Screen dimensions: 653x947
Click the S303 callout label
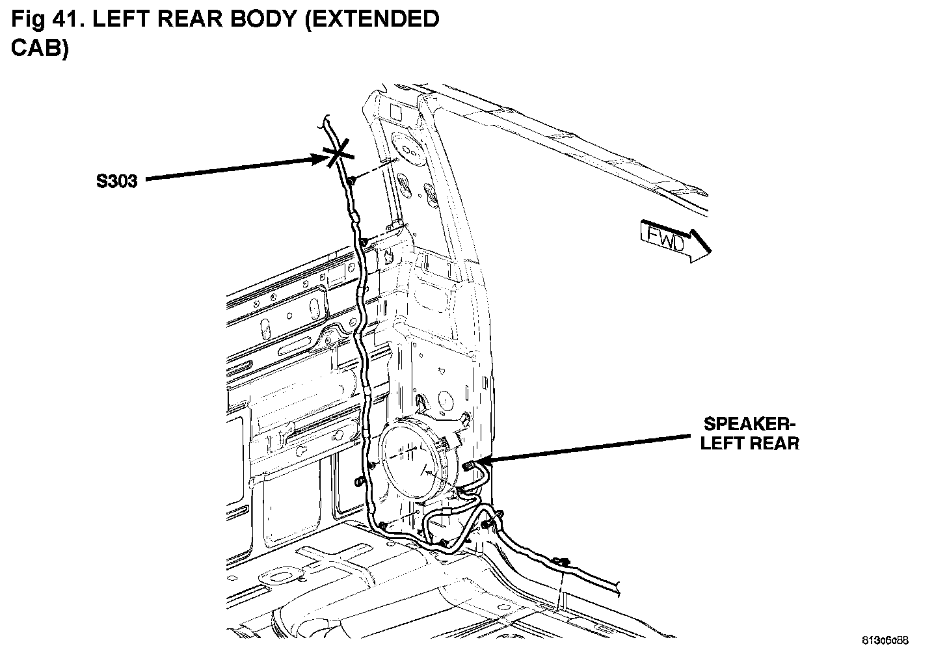click(116, 181)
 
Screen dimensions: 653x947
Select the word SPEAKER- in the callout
click(750, 425)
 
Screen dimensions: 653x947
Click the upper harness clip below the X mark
click(351, 180)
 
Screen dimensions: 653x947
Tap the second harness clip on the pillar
click(365, 242)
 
